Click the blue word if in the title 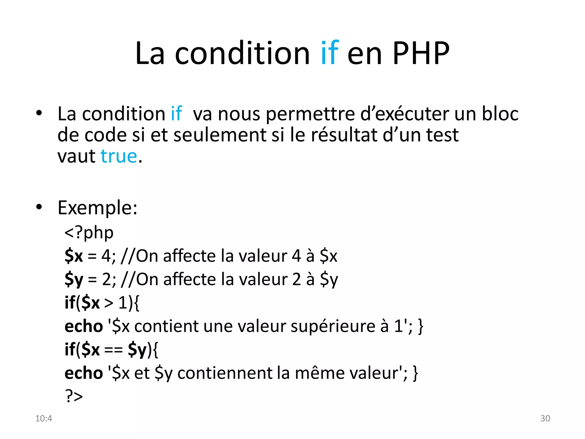pyautogui.click(x=330, y=53)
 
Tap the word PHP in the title pyautogui.click(x=421, y=53)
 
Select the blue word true pyautogui.click(x=119, y=156)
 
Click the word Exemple pyautogui.click(x=97, y=208)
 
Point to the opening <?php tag pyautogui.click(x=89, y=233)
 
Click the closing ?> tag pyautogui.click(x=74, y=396)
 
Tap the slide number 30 pyautogui.click(x=545, y=418)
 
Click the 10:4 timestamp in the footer pyautogui.click(x=44, y=418)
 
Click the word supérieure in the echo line pyautogui.click(x=333, y=326)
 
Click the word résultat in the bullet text pyautogui.click(x=344, y=135)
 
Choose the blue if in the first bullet pyautogui.click(x=176, y=114)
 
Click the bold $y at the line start pyautogui.click(x=74, y=280)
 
